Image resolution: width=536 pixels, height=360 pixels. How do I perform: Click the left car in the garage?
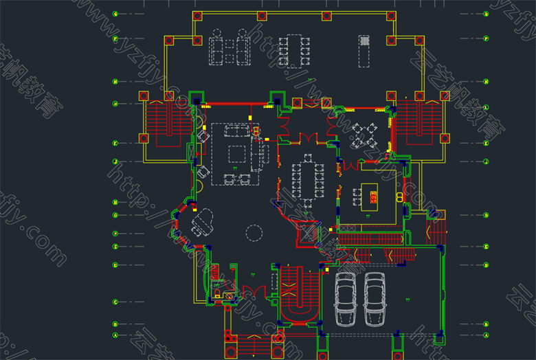pyautogui.click(x=346, y=300)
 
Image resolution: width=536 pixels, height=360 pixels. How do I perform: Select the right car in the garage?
pyautogui.click(x=375, y=300)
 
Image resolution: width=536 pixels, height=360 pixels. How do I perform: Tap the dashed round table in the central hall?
pyautogui.click(x=254, y=233)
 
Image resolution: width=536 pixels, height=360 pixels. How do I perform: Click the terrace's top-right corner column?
pyautogui.click(x=391, y=16)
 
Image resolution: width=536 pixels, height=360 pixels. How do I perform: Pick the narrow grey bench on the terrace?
pyautogui.click(x=364, y=52)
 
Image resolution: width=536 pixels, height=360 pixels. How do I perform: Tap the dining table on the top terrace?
pyautogui.click(x=294, y=50)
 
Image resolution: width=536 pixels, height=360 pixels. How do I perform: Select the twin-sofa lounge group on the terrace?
pyautogui.click(x=230, y=48)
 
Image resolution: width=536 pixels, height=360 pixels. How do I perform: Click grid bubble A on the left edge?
pyautogui.click(x=115, y=335)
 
